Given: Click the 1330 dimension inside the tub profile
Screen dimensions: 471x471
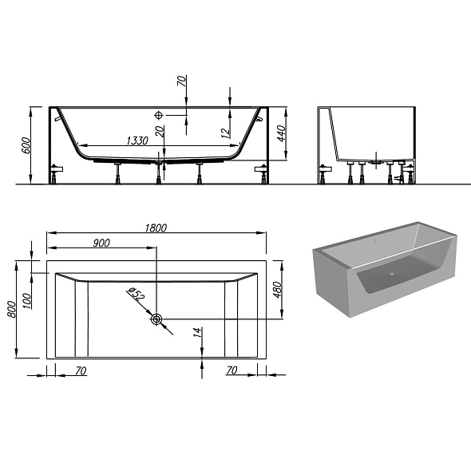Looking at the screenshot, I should pyautogui.click(x=137, y=141).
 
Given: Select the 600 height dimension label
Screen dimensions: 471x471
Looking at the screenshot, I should pyautogui.click(x=26, y=144).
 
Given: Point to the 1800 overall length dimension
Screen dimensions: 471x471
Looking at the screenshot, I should pyautogui.click(x=156, y=228).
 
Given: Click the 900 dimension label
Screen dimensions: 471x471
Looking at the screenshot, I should pyautogui.click(x=101, y=243).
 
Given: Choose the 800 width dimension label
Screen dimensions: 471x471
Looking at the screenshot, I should pyautogui.click(x=11, y=309).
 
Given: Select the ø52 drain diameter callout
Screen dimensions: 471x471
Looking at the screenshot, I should pyautogui.click(x=137, y=295).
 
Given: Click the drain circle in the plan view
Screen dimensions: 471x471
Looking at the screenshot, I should pyautogui.click(x=156, y=320).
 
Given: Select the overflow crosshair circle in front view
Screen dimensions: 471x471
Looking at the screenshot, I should pyautogui.click(x=158, y=114).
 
